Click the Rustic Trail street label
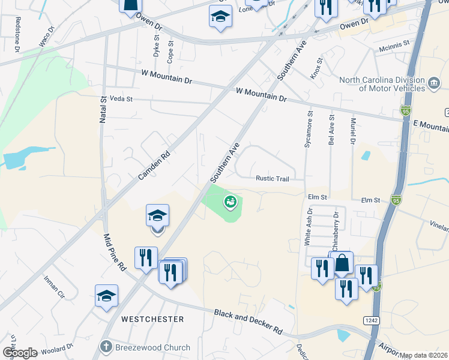pos(273,178)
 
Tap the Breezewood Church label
pos(152,347)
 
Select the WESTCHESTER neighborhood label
pos(152,319)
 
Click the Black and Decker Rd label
pos(248,322)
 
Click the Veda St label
pos(120,98)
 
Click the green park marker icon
pos(230,202)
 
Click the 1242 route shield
pos(370,321)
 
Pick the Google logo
pos(19,353)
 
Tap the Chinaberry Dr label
pos(336,230)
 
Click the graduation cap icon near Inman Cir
pos(106,296)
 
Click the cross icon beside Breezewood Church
pos(106,347)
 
